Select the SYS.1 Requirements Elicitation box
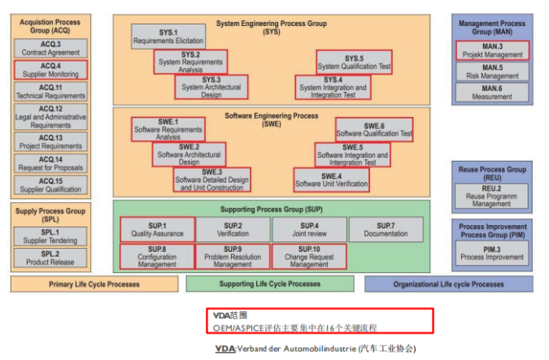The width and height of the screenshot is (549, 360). point(168,37)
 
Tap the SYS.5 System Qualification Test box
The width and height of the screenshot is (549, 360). point(354,63)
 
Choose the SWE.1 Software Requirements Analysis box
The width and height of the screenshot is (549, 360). point(168,129)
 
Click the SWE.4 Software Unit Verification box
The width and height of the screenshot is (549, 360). point(331,180)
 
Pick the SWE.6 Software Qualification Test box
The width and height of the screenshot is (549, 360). point(374,129)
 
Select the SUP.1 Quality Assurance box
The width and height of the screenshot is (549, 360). point(157,229)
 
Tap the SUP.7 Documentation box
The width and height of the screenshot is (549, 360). point(386,229)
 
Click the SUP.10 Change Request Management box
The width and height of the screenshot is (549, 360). point(309,257)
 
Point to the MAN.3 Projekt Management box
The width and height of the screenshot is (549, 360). point(492,50)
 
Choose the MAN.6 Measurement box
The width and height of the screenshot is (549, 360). point(492,93)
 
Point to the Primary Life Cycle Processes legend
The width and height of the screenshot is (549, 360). point(94,284)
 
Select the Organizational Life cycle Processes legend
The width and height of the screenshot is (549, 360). point(448,284)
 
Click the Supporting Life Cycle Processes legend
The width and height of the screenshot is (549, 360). point(270,284)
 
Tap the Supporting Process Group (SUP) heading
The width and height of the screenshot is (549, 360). point(271,209)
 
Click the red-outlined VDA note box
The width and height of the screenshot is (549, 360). point(319,320)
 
